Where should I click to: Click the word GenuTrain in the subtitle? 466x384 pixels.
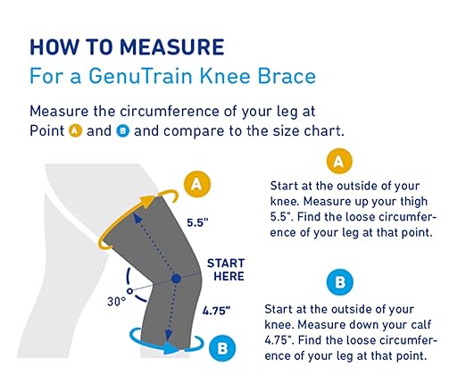point(135,77)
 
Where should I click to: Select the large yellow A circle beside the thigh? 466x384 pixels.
point(197,185)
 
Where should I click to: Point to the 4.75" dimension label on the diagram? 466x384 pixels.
point(217,311)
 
